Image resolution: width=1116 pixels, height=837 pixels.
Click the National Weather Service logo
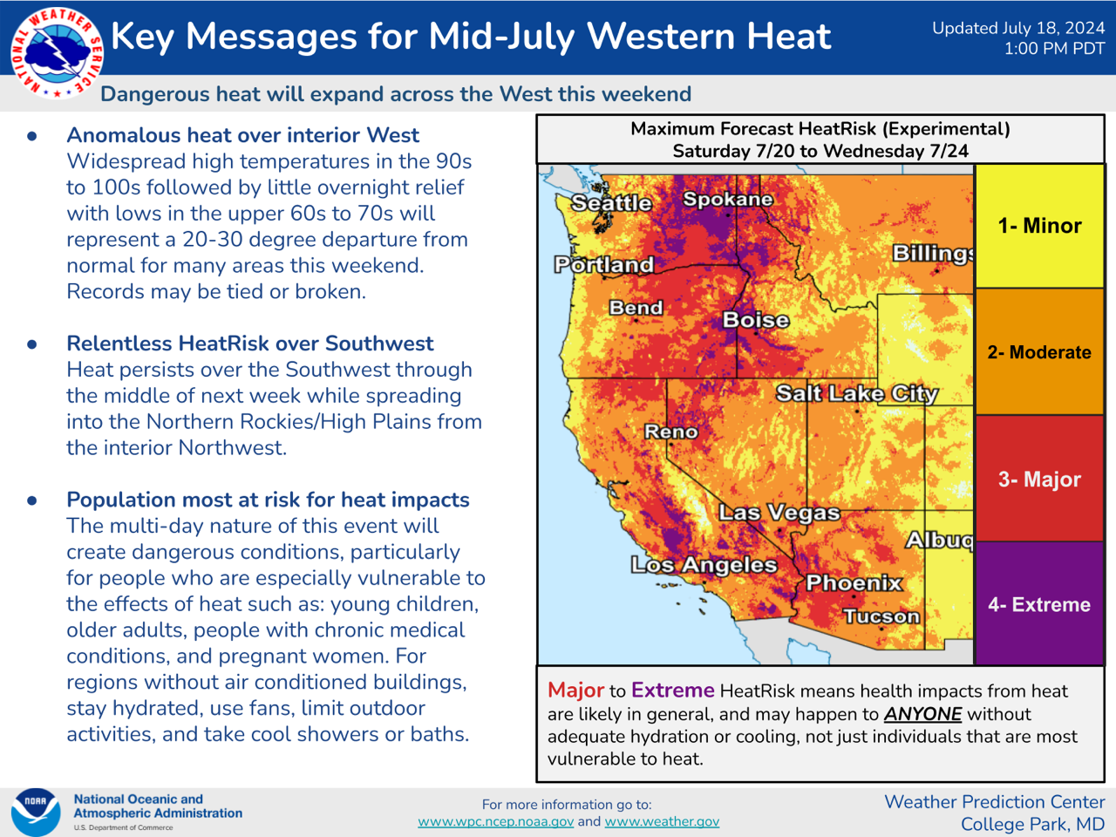[x=57, y=53]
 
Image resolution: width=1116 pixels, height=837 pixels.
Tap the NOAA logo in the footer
[x=36, y=812]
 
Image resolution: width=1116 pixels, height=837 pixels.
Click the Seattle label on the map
[x=612, y=203]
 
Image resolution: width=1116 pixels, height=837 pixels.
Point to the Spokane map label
[x=727, y=199]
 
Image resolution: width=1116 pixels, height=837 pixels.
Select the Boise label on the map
[x=756, y=320]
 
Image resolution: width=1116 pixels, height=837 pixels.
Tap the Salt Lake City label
[x=857, y=393]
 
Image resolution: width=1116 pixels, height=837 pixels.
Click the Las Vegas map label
[x=779, y=513]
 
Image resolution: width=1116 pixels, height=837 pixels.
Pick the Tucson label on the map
[x=881, y=616]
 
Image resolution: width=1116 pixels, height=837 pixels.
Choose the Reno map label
[x=671, y=432]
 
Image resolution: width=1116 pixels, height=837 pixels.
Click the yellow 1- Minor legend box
[x=1040, y=226]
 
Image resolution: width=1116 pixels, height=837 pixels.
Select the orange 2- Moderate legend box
[x=1040, y=351]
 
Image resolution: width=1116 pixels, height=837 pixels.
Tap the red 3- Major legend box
[x=1040, y=479]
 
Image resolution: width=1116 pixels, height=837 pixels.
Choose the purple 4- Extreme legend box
[x=1040, y=603]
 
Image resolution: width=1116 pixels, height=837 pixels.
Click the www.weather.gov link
[x=662, y=822]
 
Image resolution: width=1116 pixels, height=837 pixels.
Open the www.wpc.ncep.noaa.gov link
[x=496, y=822]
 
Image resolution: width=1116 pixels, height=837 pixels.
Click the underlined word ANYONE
[x=922, y=714]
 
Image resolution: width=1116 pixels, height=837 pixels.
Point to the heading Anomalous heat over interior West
[x=243, y=135]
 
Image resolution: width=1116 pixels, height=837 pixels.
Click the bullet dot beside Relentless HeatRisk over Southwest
[x=32, y=344]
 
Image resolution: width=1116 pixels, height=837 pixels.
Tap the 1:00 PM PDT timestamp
[x=1054, y=49]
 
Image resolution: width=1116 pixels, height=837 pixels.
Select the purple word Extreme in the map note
[x=672, y=691]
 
